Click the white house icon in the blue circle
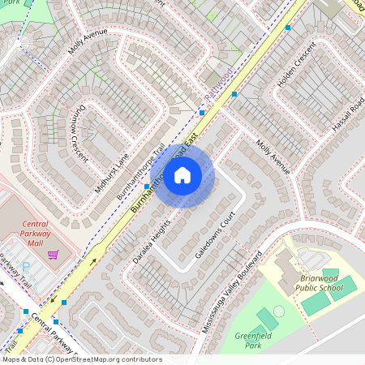coord(182,174)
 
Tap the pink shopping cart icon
coord(54,255)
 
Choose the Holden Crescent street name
coord(295,68)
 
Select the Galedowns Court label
coord(215,235)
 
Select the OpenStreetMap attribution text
coord(82,359)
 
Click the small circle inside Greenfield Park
coord(279,311)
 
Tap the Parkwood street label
coord(218,85)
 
